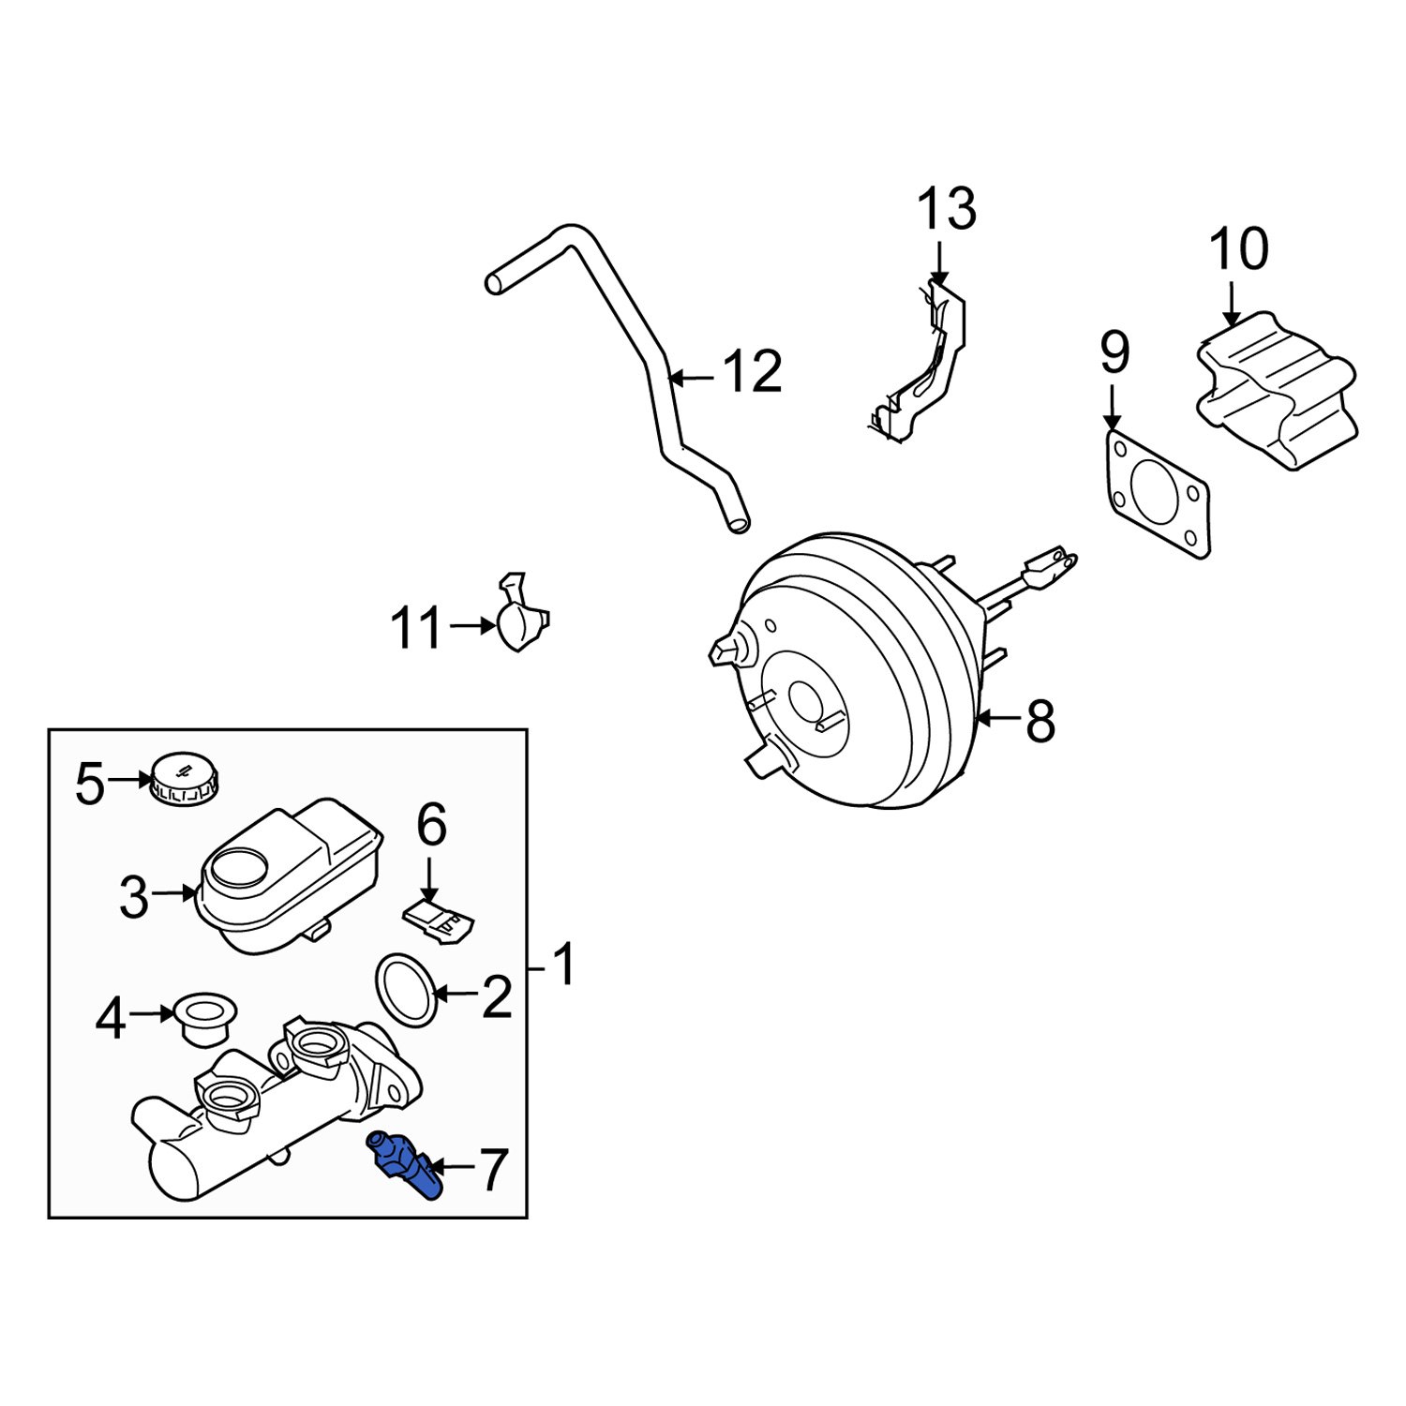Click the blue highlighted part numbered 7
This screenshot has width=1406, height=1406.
405,1164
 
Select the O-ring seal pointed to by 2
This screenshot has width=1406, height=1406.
405,990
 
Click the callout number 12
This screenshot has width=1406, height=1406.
752,372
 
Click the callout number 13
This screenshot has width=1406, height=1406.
946,210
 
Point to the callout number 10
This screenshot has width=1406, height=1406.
1238,249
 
